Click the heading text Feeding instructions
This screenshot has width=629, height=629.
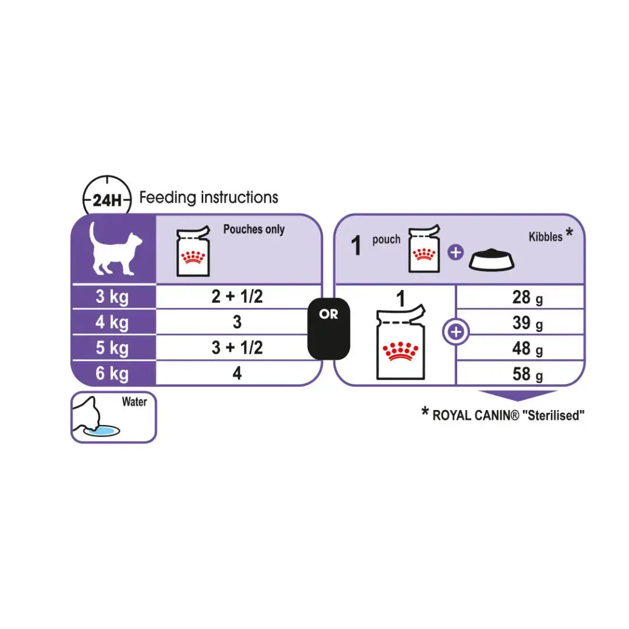tap(209, 197)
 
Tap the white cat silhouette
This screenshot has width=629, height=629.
tap(115, 249)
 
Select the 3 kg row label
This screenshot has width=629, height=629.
tap(112, 297)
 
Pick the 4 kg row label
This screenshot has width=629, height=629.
tap(112, 322)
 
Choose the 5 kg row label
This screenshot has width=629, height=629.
tap(112, 348)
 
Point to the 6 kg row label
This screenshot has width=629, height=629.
tap(112, 373)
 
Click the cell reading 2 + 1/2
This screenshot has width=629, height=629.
tap(236, 296)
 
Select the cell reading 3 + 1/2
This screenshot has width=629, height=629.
tap(236, 348)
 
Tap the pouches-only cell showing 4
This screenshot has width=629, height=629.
tap(236, 373)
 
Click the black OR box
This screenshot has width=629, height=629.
tap(328, 330)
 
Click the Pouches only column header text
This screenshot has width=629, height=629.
tap(254, 229)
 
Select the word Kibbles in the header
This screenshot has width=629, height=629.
tap(545, 236)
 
